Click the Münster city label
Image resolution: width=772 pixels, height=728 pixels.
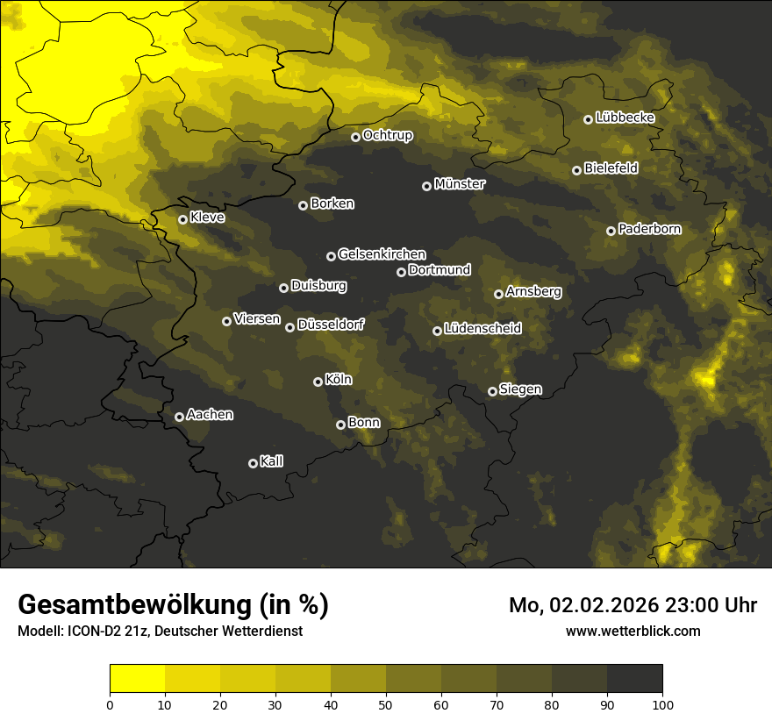coord(460,184)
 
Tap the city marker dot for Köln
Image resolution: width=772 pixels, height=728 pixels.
coord(318,382)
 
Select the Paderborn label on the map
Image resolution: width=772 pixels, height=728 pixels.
coord(649,229)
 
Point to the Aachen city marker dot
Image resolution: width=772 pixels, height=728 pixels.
coord(179,417)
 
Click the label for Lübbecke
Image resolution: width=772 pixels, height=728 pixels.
coord(625,118)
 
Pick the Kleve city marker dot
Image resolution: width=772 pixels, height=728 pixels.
coord(182,219)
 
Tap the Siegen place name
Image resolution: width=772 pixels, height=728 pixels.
coord(520,389)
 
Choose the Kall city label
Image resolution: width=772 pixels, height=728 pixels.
coord(272,461)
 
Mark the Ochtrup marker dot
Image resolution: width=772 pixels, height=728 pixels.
coord(355,137)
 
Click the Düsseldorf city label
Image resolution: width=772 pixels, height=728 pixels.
coord(331,325)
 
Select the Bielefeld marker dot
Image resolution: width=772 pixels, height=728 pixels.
coord(576,170)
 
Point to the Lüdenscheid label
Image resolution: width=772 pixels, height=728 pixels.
coord(482,329)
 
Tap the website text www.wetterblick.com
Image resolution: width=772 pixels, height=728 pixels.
coord(633,631)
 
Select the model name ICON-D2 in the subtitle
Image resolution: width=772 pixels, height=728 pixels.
coord(89,631)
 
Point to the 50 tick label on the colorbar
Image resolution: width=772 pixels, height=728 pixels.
coord(386,703)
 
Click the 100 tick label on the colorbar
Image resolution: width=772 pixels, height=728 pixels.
coord(662,703)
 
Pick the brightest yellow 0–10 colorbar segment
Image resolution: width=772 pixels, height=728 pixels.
coord(137,679)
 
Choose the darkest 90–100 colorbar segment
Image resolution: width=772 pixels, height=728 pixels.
coord(634,679)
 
